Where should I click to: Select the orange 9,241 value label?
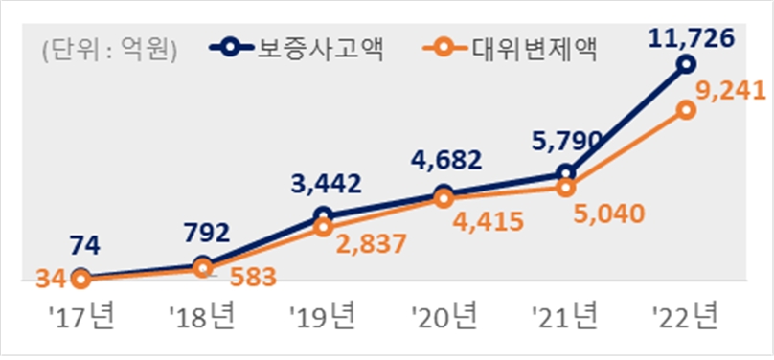click(x=730, y=92)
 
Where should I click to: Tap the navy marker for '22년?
click(x=685, y=64)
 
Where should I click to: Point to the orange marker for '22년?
click(x=685, y=110)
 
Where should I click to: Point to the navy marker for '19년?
click(x=323, y=216)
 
